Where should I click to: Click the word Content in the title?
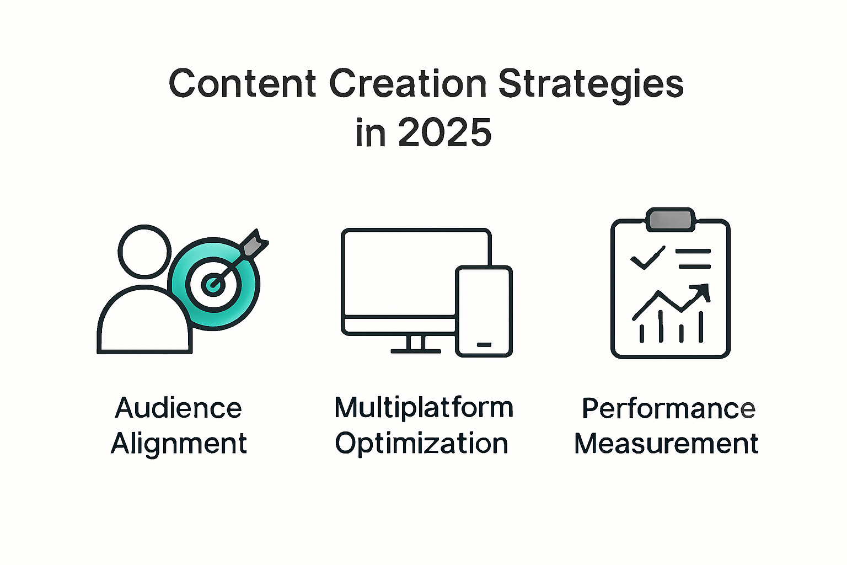click(x=242, y=84)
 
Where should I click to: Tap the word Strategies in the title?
click(x=591, y=85)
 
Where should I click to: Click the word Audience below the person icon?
click(x=178, y=408)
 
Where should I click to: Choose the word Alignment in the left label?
click(x=179, y=444)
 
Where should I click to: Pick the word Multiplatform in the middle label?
click(x=423, y=408)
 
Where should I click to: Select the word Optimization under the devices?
click(x=421, y=444)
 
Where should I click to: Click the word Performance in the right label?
click(x=668, y=408)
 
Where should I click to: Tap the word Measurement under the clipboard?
click(x=666, y=444)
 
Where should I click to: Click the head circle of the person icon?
click(x=144, y=251)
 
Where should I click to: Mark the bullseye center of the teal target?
click(x=212, y=284)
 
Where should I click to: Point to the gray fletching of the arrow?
click(x=253, y=243)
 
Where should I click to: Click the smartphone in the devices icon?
click(x=484, y=311)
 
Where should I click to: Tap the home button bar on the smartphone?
click(x=484, y=344)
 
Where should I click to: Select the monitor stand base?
click(x=416, y=350)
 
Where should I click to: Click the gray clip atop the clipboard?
click(x=670, y=219)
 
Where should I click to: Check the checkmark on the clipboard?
click(x=647, y=258)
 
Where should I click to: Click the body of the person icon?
click(x=144, y=323)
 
